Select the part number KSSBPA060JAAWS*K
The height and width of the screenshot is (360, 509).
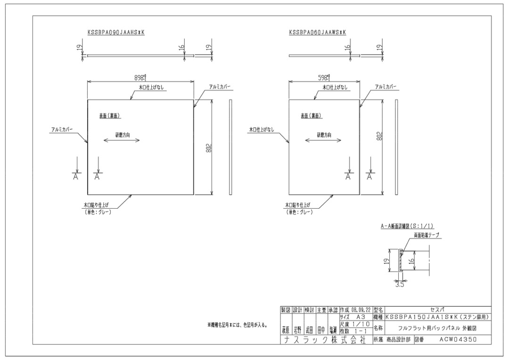click(x=318, y=32)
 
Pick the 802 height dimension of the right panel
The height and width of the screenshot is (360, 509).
click(x=379, y=136)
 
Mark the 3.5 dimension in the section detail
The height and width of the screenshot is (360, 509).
click(x=399, y=285)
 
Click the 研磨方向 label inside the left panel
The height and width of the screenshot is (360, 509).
click(x=123, y=134)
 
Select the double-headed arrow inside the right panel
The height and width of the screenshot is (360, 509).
click(x=323, y=140)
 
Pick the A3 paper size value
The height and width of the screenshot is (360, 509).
click(x=361, y=318)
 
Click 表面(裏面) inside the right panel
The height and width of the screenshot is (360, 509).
click(x=311, y=116)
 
